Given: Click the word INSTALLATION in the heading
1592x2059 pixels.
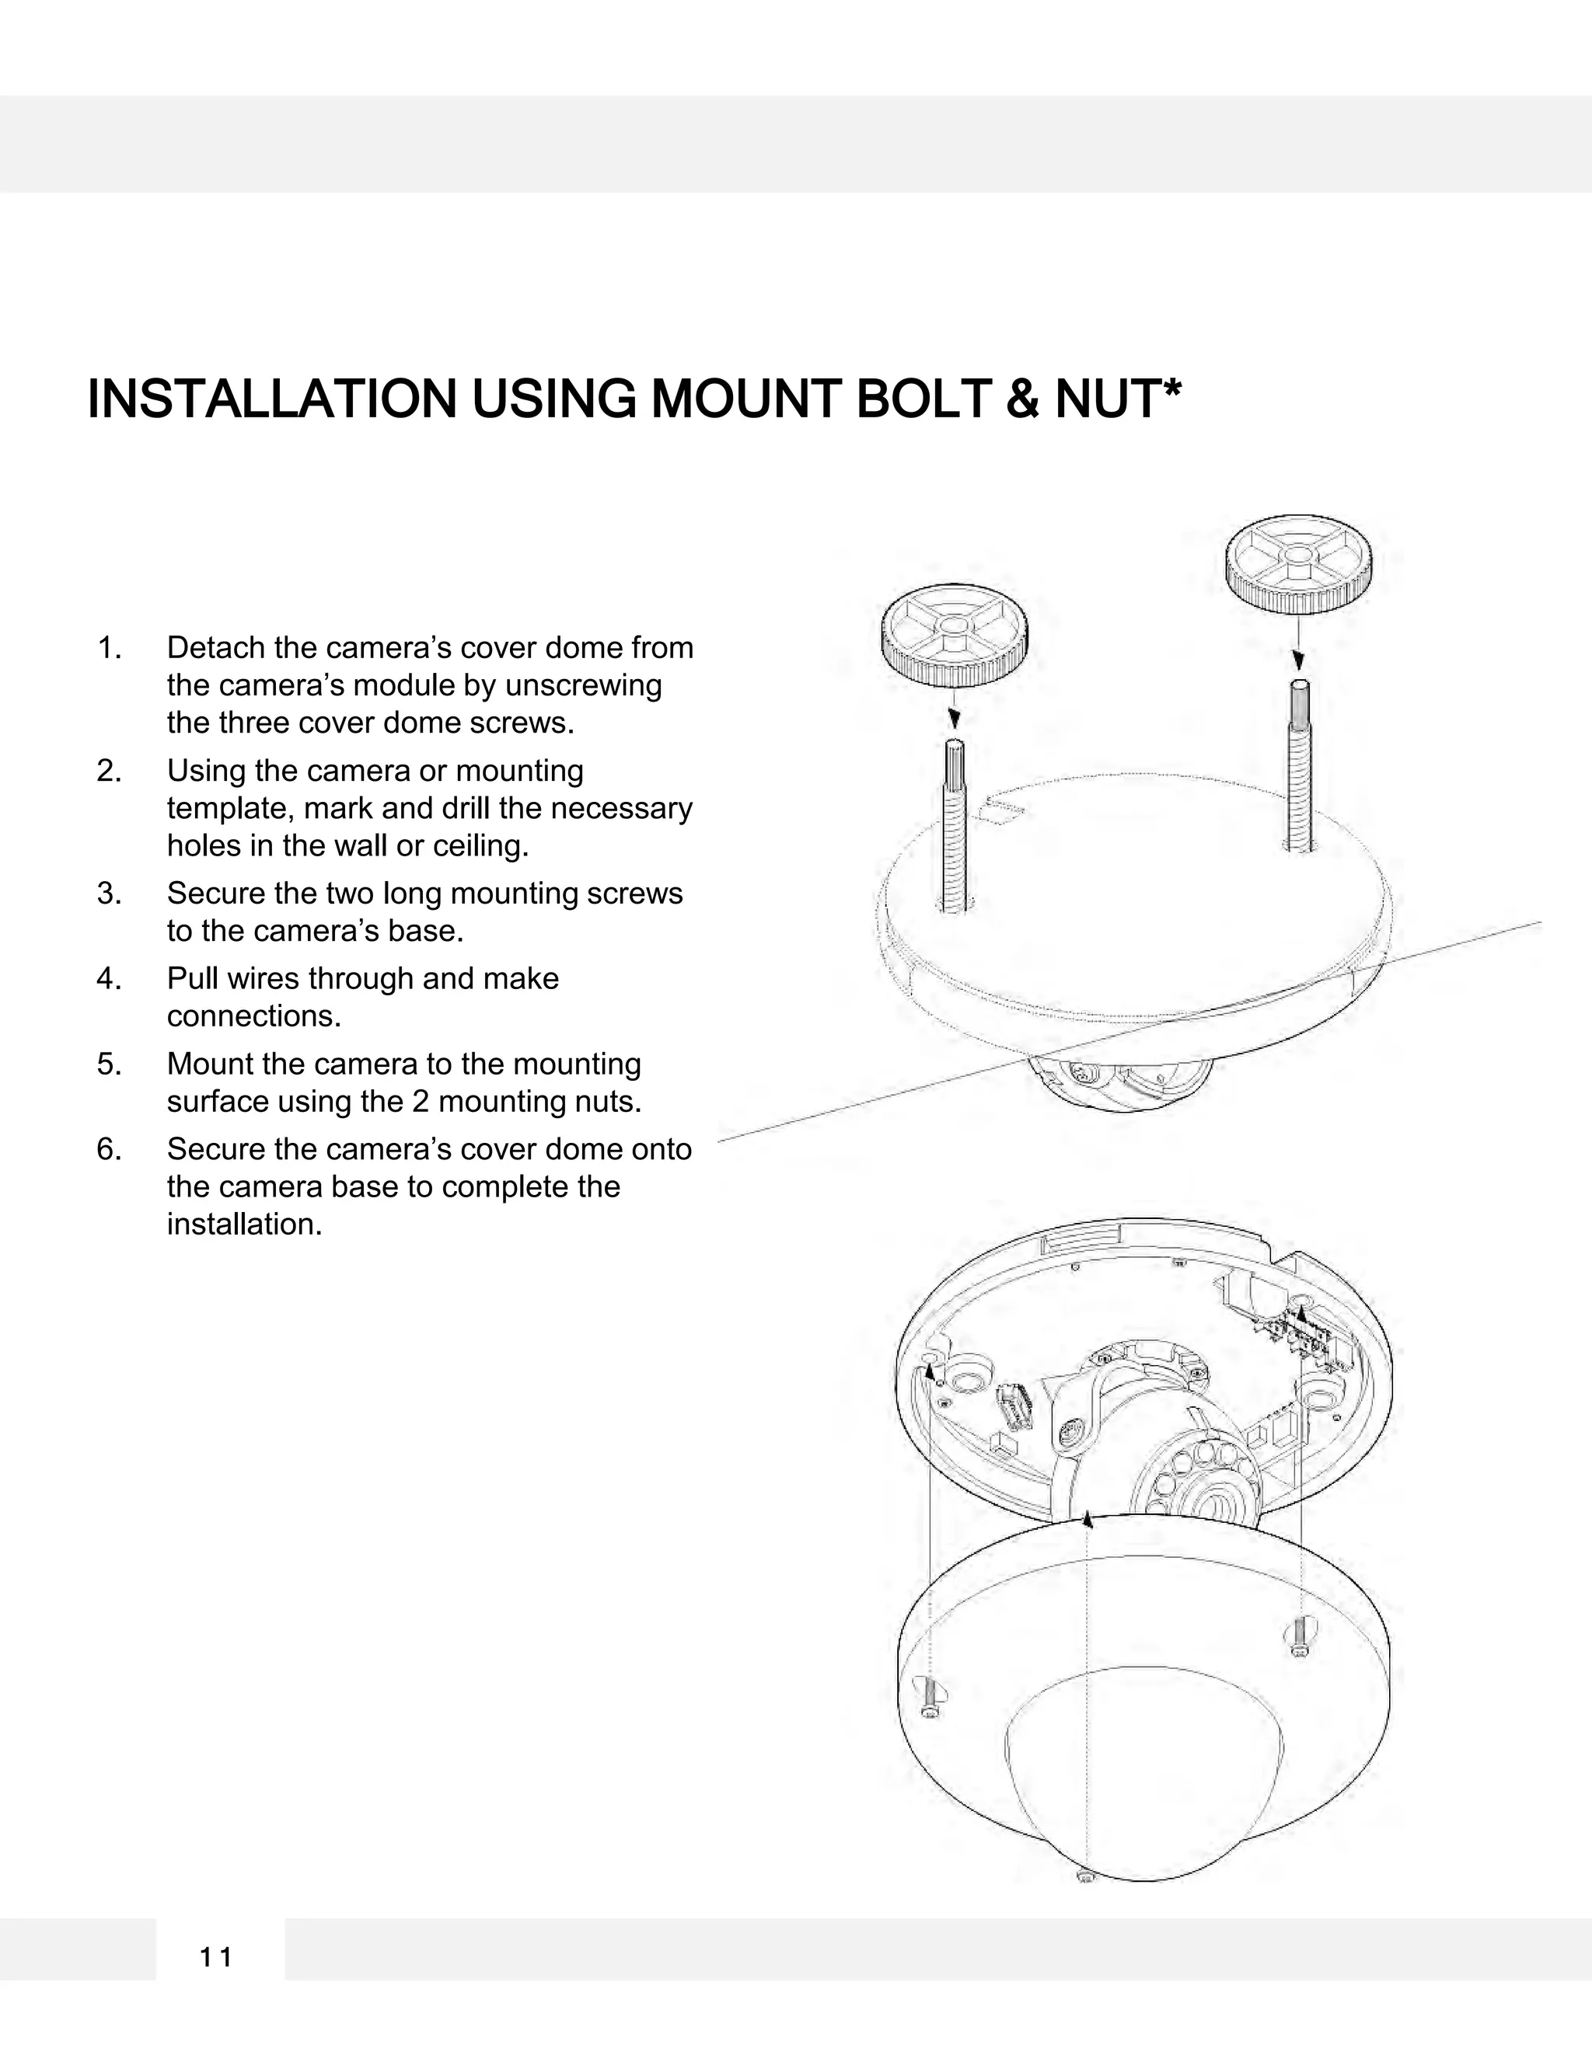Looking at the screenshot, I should coord(271,399).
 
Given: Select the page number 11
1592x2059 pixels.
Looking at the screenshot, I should coord(216,1958).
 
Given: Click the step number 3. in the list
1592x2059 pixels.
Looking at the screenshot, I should coord(110,893).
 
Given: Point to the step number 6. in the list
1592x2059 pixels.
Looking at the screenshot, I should coord(110,1149).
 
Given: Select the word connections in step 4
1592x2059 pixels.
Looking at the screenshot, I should coord(253,1016).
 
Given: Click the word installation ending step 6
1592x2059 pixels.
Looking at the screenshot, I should coord(244,1225).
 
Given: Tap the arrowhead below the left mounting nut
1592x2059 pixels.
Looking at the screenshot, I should coord(955,719).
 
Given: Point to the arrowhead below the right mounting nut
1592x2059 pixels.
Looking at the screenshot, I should coord(1299,658).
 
